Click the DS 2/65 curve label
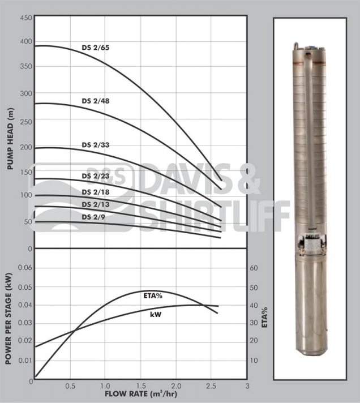(95, 48)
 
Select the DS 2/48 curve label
(95, 101)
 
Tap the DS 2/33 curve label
(95, 145)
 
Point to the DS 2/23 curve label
(95, 176)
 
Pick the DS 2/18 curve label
(95, 193)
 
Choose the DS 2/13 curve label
(95, 204)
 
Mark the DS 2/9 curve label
(93, 217)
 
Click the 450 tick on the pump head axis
(26, 18)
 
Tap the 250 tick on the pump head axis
(26, 119)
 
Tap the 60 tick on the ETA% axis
(254, 268)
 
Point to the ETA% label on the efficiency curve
(151, 296)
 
